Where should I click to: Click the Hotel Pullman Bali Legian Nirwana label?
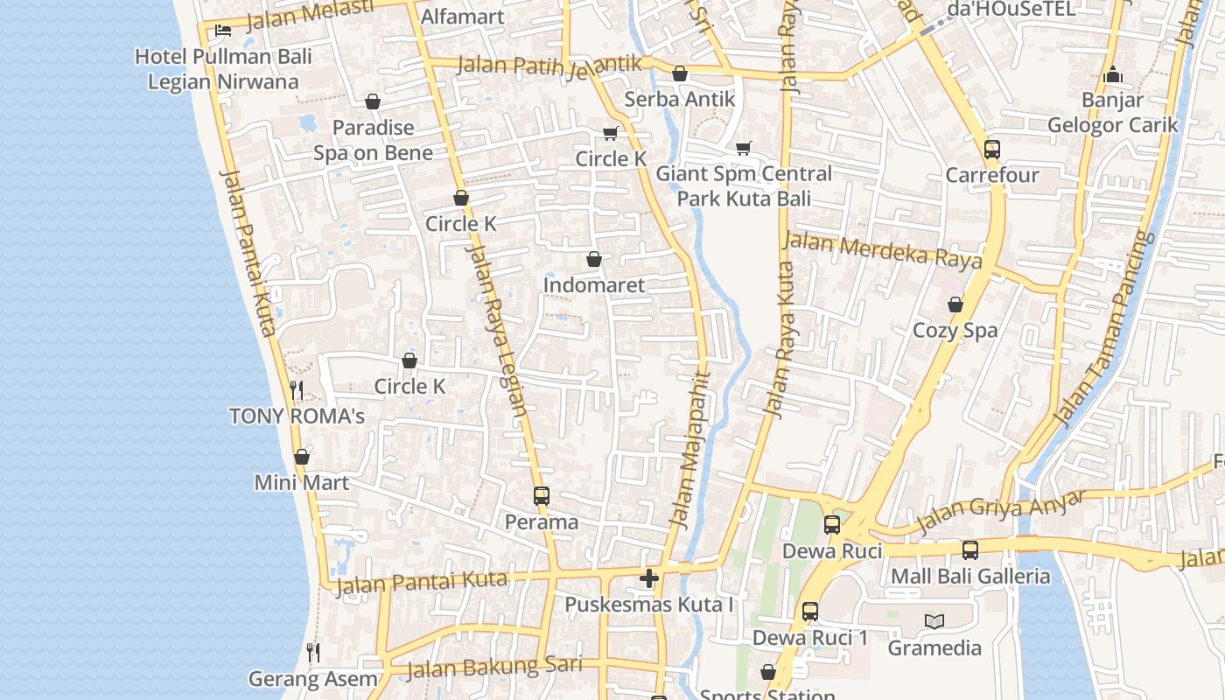click(x=223, y=69)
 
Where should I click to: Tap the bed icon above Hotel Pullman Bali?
click(x=223, y=31)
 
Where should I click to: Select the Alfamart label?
click(x=462, y=17)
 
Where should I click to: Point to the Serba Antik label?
click(x=680, y=99)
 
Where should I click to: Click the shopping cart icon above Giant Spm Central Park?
click(x=744, y=148)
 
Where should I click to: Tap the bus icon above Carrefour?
click(x=991, y=150)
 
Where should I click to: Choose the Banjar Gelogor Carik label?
click(x=1113, y=113)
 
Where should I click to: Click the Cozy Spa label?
click(x=955, y=331)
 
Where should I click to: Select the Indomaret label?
click(x=594, y=285)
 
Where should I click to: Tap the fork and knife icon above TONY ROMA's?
click(x=297, y=389)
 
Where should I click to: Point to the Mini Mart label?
click(x=302, y=482)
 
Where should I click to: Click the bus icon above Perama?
click(x=542, y=496)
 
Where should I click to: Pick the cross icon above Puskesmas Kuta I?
click(x=649, y=578)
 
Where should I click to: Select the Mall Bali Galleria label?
click(x=970, y=577)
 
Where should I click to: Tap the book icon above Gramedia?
click(x=934, y=622)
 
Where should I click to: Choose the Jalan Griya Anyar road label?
click(x=1001, y=511)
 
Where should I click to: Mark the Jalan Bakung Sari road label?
click(x=494, y=668)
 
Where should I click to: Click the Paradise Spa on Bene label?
click(x=374, y=140)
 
